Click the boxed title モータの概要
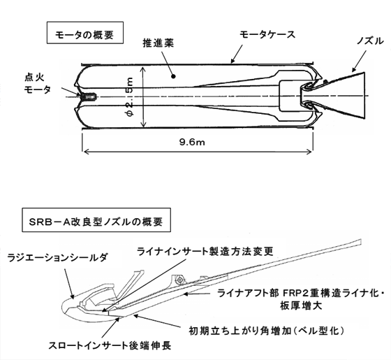point(85,33)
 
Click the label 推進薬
point(158,43)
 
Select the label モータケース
point(267,35)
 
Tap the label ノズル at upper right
point(370,41)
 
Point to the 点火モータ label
point(38,83)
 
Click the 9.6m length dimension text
point(192,142)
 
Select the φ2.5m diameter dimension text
point(130,97)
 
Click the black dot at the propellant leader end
point(174,76)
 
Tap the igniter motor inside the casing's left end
point(89,96)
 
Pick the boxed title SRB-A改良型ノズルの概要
point(96,220)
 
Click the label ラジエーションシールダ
point(57,257)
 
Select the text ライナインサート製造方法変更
point(205,251)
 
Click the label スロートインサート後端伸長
point(110,346)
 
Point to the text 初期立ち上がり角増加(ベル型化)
point(266,331)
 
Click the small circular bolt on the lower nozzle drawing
point(179,280)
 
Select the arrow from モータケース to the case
point(237,54)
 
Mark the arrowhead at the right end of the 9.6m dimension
point(311,152)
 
